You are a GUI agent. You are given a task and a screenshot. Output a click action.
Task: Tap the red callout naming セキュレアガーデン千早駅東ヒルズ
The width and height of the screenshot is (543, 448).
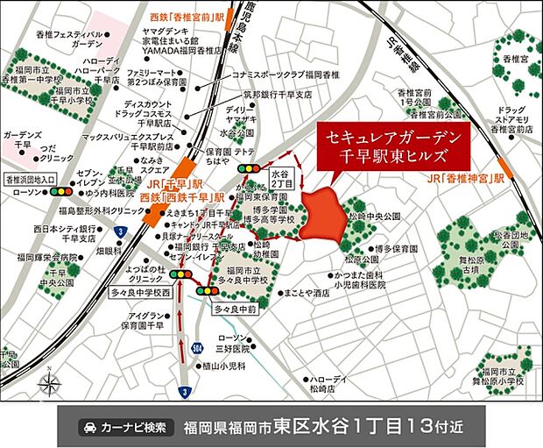point(391,147)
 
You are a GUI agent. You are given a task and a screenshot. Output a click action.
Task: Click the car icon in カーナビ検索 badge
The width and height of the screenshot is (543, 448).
point(90,428)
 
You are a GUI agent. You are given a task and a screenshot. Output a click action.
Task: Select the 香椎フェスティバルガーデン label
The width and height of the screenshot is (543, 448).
point(63,39)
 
